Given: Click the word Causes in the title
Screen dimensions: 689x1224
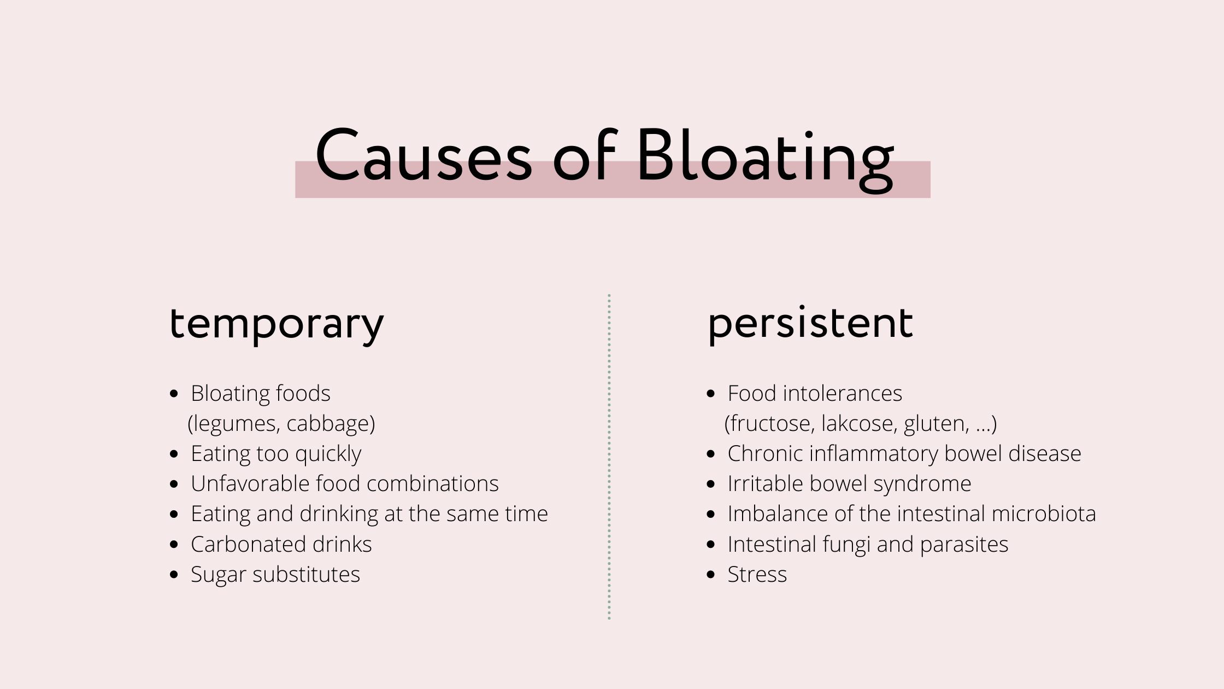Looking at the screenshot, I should pos(423,156).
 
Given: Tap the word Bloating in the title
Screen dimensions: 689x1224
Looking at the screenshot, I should pos(765,156).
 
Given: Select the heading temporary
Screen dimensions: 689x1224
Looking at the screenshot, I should pos(277,324).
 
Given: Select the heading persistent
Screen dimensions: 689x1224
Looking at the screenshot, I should pos(810,324).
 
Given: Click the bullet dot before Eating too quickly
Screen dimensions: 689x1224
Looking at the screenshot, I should pos(174,454).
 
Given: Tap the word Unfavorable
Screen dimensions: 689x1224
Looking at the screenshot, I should pos(249,484).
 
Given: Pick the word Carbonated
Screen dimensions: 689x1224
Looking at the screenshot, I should pos(248,545).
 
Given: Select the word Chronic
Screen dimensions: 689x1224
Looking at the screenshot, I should pos(765,454).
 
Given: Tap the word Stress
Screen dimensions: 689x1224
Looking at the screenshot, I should pos(757,575).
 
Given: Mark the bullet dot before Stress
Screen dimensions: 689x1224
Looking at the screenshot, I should pos(711,575).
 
